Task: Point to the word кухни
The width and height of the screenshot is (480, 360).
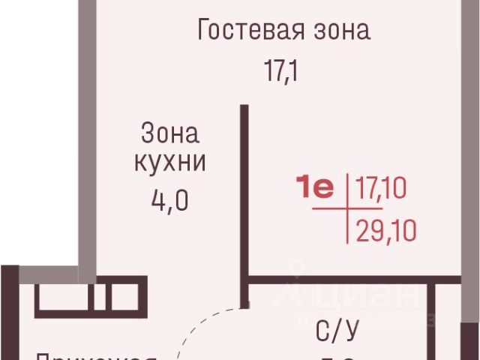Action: pos(169,163)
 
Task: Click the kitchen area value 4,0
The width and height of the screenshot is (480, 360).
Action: pos(169,201)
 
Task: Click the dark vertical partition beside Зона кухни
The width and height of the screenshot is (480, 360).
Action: pos(244,202)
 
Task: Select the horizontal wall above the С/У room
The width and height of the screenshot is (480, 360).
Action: pos(337,280)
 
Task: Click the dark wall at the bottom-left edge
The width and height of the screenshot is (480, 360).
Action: pos(8,315)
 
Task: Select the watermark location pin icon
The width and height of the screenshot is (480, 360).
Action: pos(298,271)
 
